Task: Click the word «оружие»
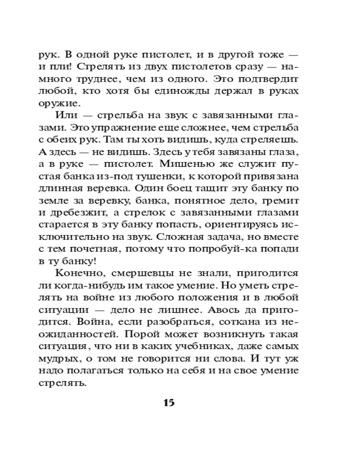55,103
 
